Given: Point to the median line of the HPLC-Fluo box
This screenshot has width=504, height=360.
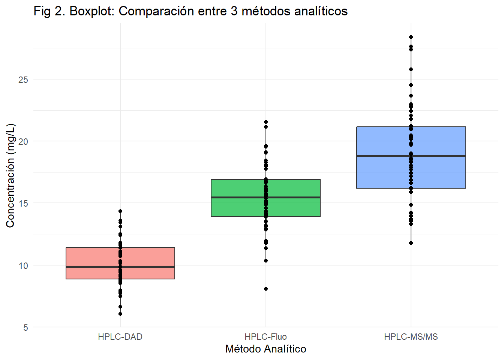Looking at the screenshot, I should [x=236, y=197].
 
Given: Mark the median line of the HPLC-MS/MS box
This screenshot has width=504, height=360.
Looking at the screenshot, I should [x=382, y=156].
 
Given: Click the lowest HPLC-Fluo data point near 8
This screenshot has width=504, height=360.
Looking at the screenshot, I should [x=266, y=289].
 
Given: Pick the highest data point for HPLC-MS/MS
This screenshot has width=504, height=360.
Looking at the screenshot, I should [x=411, y=37].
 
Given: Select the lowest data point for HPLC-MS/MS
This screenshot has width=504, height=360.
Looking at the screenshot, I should [x=411, y=243].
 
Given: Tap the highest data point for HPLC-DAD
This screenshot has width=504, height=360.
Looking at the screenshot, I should [x=120, y=211].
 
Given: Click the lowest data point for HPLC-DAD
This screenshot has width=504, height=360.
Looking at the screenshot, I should [x=120, y=314].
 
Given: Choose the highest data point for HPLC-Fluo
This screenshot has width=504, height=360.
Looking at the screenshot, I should [x=266, y=122].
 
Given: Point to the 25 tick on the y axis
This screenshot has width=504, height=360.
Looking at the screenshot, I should [x=23, y=79].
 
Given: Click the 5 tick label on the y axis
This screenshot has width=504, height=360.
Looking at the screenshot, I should [x=25, y=328].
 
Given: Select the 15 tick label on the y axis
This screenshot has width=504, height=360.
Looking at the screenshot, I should [x=23, y=204].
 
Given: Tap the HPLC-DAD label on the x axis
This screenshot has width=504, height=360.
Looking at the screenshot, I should [x=120, y=337].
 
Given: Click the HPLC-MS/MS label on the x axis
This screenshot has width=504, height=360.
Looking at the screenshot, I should [x=411, y=337].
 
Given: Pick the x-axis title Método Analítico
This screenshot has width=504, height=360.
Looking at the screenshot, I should [x=265, y=349].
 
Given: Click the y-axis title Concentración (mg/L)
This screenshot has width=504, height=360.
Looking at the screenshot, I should [x=10, y=175].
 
